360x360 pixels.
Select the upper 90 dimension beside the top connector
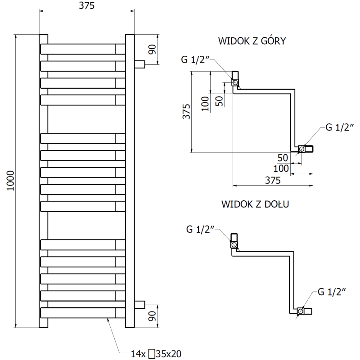(x=152, y=49)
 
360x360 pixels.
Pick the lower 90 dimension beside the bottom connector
(x=152, y=316)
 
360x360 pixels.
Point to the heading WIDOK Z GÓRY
(x=252, y=41)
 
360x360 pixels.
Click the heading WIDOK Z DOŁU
(x=255, y=204)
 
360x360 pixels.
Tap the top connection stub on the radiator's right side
(x=140, y=64)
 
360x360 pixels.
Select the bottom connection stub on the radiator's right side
(x=140, y=304)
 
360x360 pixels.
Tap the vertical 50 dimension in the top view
(x=219, y=100)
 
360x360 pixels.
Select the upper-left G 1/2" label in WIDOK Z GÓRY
(x=195, y=60)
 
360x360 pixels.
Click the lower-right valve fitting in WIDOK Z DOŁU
(x=305, y=310)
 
